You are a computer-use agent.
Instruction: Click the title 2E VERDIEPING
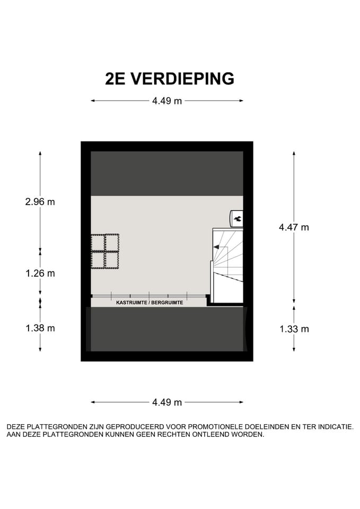[170, 78]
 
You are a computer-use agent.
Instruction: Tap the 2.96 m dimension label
[40, 201]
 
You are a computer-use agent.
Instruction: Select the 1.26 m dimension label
[40, 274]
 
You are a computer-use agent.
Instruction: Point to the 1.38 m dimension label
[40, 328]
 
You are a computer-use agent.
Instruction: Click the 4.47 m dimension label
[294, 227]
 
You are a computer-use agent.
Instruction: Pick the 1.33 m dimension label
[294, 329]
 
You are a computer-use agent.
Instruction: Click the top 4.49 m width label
[167, 101]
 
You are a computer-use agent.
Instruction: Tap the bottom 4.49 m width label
[167, 402]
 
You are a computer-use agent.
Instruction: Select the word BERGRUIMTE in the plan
[167, 302]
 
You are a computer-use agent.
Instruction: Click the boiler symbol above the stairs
[236, 217]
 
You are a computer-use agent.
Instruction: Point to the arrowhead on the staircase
[216, 247]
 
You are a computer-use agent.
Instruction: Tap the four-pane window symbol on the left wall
[105, 251]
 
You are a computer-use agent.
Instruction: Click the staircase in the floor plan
[227, 265]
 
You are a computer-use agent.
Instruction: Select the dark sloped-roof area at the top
[167, 173]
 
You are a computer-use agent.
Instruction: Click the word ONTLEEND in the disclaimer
[216, 434]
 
